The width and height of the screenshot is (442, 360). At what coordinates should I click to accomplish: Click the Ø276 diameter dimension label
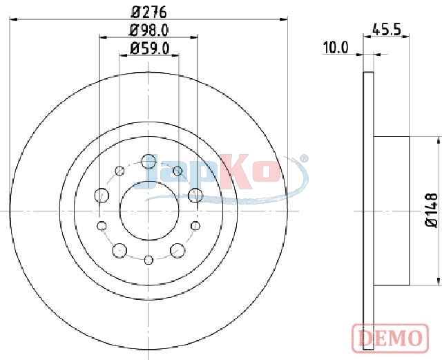click(149, 12)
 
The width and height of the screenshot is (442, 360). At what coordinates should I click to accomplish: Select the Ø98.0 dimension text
click(149, 30)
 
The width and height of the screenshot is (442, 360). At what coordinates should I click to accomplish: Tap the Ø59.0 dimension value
click(149, 48)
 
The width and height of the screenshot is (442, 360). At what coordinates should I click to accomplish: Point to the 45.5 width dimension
click(386, 29)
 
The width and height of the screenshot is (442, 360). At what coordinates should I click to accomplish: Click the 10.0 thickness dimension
click(336, 48)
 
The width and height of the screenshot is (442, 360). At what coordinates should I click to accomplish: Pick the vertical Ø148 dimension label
click(431, 210)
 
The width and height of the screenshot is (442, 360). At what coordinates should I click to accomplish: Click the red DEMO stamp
click(390, 338)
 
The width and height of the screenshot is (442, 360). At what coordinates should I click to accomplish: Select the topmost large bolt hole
click(148, 162)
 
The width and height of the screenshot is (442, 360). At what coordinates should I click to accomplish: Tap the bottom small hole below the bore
click(148, 260)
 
